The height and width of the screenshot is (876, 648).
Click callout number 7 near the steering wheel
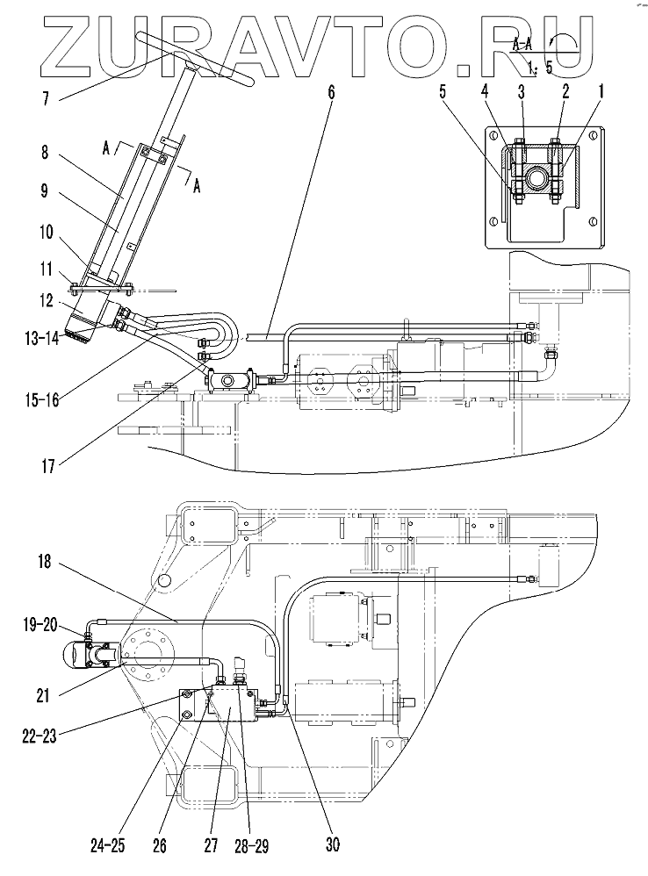(x=46, y=99)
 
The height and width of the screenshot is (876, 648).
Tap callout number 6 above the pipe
(x=331, y=92)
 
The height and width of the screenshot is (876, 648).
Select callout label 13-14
(x=41, y=339)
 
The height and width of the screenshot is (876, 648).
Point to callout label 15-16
(x=42, y=400)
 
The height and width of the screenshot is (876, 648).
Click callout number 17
(x=48, y=465)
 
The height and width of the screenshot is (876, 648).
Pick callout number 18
(x=45, y=562)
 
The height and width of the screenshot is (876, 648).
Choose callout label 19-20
(x=41, y=625)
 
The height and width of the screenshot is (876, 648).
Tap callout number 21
(x=42, y=696)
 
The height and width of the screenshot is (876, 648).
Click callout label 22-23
(x=39, y=736)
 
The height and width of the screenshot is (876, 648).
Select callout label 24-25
(x=108, y=846)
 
